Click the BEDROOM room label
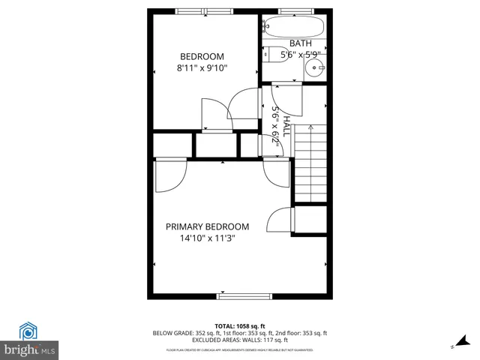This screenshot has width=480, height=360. [202, 56]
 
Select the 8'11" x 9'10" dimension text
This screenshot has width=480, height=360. [202, 68]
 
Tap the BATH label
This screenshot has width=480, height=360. [301, 43]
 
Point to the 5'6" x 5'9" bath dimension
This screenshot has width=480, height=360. [301, 54]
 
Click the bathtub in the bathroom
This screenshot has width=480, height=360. [294, 29]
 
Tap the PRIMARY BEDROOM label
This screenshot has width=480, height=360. [208, 226]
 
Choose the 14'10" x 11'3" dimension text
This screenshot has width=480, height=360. [208, 239]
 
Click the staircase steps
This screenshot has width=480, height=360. [310, 165]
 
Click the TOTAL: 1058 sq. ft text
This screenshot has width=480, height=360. [240, 325]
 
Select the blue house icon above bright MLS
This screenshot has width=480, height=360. [29, 331]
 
